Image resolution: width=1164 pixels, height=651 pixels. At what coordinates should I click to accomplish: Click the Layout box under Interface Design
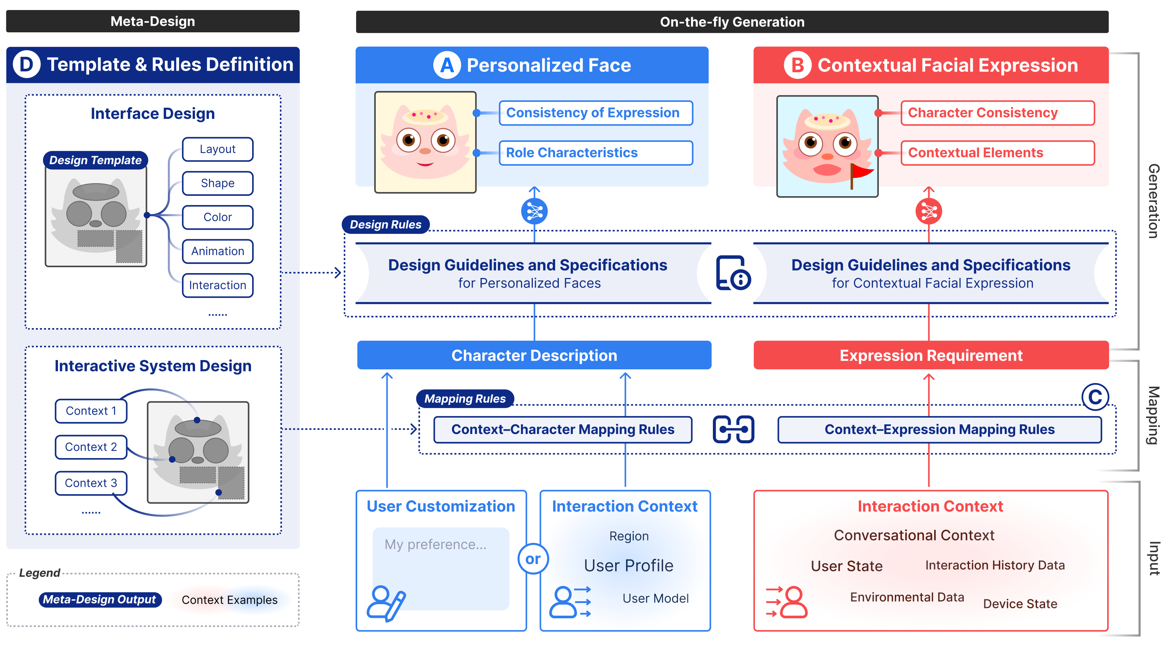(x=217, y=149)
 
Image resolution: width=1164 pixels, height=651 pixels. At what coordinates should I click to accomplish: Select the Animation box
(x=217, y=251)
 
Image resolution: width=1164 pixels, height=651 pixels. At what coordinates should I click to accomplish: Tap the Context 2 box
(x=91, y=447)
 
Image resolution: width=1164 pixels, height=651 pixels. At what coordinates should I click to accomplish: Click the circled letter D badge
(x=26, y=65)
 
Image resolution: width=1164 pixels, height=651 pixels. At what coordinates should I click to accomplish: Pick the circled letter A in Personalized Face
(x=446, y=65)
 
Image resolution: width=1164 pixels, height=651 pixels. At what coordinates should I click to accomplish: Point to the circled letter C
(x=1095, y=397)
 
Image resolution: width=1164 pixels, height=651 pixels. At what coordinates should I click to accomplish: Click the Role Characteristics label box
(x=595, y=153)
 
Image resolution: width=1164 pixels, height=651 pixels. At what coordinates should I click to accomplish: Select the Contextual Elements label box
(x=997, y=153)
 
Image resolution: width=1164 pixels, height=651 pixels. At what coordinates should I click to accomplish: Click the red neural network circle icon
(x=928, y=211)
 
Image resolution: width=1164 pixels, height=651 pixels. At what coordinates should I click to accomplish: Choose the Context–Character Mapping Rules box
(x=563, y=430)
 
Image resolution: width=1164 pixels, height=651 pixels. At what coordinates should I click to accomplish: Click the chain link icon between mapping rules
(x=733, y=430)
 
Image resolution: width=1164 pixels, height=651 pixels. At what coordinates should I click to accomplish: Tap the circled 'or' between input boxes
(x=533, y=559)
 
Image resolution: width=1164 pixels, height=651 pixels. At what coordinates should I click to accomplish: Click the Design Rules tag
(x=385, y=225)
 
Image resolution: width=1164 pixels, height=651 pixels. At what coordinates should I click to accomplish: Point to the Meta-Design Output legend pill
(x=100, y=600)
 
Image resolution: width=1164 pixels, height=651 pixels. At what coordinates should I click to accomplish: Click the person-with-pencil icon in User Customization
(x=386, y=603)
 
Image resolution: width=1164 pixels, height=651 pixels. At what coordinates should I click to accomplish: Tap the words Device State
(x=1020, y=604)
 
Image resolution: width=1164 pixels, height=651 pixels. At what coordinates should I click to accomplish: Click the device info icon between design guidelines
(x=733, y=273)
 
